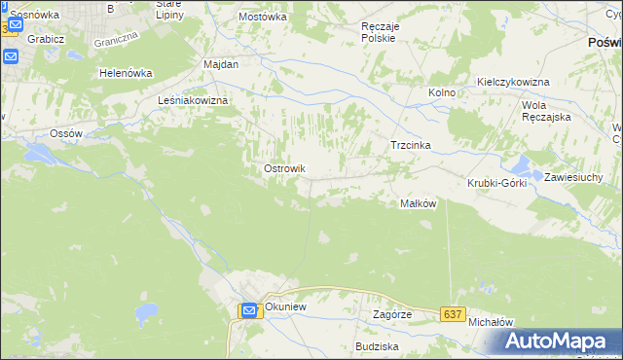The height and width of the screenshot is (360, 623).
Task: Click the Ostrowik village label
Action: pos(285,168)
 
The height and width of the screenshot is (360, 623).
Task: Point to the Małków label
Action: pos(418,203)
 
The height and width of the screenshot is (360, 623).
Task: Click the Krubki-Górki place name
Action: pos(496,183)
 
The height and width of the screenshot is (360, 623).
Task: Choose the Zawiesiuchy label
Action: pos(575,177)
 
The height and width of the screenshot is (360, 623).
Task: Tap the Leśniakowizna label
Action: pos(193,100)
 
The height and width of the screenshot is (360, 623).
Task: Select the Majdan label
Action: pos(220,63)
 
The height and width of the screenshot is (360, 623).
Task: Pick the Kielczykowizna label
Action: pos(513,82)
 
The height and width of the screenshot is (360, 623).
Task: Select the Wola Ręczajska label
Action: pos(546,110)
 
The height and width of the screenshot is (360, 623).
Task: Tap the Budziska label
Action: pos(378,346)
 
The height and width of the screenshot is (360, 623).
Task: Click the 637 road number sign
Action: pos(451,313)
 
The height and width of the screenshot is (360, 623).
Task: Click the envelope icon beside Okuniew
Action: pos(249,310)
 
